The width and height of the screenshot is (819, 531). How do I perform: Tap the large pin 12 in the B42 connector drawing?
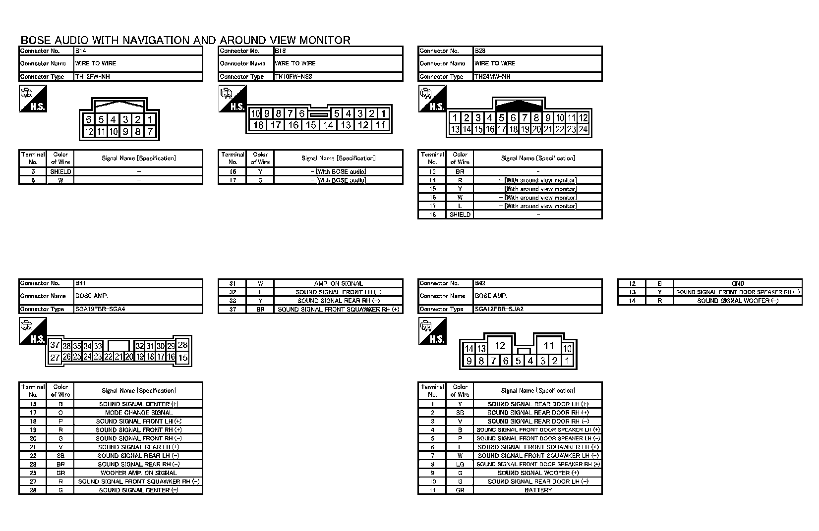click(500, 346)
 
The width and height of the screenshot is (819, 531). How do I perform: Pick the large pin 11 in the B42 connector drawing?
click(548, 346)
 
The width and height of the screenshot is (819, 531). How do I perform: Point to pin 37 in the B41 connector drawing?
click(55, 345)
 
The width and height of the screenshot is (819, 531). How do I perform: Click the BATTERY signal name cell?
click(538, 490)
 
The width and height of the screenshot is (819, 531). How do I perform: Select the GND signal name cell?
click(738, 283)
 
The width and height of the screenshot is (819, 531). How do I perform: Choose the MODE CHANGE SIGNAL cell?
click(139, 413)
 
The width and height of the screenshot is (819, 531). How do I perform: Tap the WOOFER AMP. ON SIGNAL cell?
click(139, 473)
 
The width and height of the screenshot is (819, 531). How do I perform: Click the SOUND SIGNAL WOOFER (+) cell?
click(538, 473)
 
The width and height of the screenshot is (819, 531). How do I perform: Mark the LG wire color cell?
click(460, 464)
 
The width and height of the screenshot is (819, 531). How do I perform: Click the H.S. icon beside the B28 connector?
click(432, 99)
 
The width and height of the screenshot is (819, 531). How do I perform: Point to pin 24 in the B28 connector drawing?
click(583, 129)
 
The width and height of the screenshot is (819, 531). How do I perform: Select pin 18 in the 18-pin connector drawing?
click(258, 125)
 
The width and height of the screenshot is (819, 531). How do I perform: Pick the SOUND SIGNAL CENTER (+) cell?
click(139, 404)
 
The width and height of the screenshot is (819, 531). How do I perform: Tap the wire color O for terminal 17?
click(60, 413)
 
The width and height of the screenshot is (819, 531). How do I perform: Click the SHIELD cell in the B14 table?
click(60, 171)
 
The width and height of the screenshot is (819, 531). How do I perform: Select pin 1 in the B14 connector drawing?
click(150, 119)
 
